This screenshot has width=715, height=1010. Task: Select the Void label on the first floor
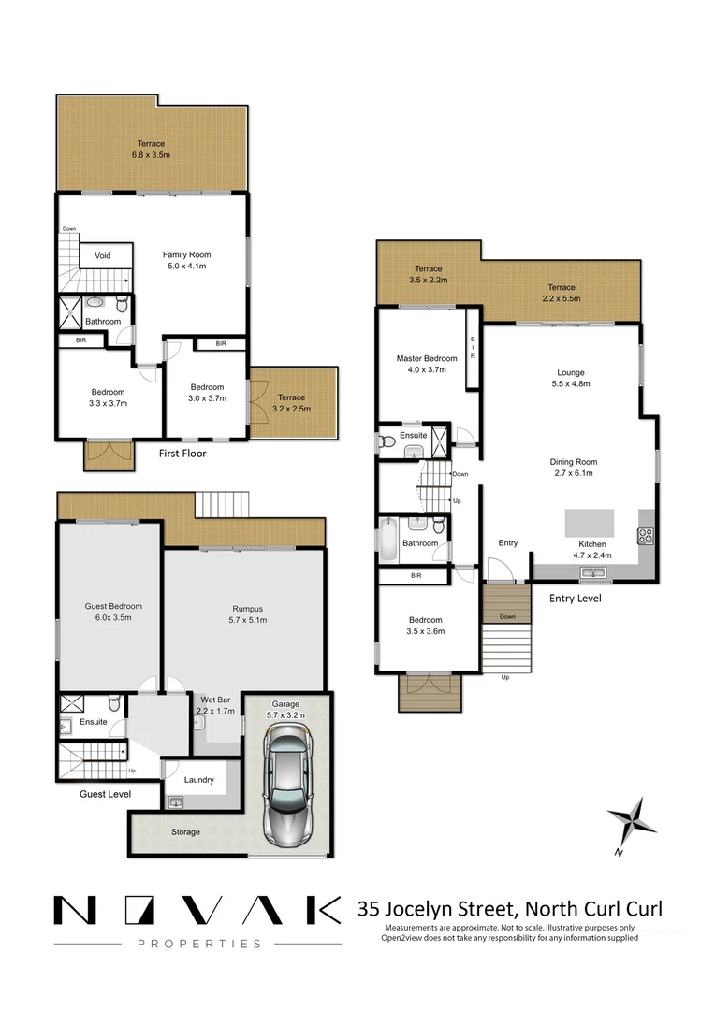point(102,255)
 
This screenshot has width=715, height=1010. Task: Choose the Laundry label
point(198,779)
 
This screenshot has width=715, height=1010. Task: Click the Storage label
point(184,831)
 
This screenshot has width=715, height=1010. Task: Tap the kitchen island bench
point(588,521)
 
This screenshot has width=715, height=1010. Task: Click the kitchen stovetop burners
point(645,536)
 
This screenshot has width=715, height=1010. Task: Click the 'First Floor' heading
point(183,454)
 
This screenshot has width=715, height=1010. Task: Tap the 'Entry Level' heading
point(575,599)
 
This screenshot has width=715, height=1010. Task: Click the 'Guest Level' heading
point(104,794)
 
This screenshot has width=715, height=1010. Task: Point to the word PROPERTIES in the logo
point(199,944)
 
